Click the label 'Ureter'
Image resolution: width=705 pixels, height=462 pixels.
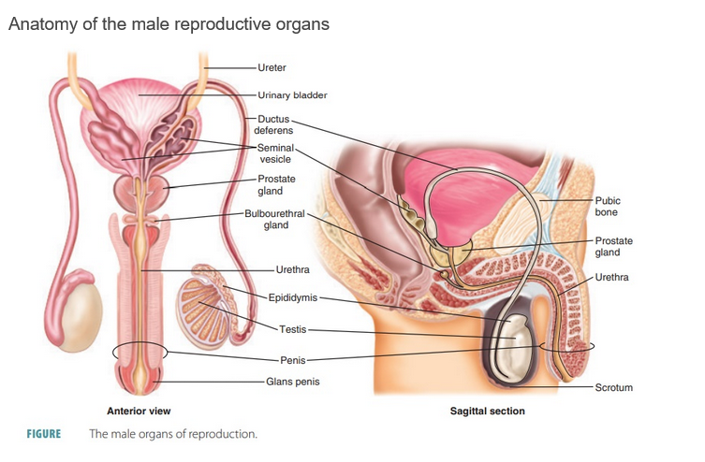click(x=272, y=67)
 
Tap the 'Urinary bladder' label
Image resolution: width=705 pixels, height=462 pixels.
click(x=293, y=94)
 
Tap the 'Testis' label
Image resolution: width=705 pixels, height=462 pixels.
click(x=292, y=329)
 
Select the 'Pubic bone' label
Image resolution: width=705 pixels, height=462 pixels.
click(x=608, y=206)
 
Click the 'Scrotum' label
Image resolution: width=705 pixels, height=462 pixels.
click(x=614, y=386)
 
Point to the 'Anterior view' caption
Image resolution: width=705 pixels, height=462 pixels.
click(x=139, y=411)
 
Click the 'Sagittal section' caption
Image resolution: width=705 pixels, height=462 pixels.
click(x=487, y=411)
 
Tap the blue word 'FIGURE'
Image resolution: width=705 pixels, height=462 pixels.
click(x=43, y=434)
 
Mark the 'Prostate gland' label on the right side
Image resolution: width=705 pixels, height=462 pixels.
click(x=613, y=247)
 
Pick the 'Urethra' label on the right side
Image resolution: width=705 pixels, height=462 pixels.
click(x=611, y=277)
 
